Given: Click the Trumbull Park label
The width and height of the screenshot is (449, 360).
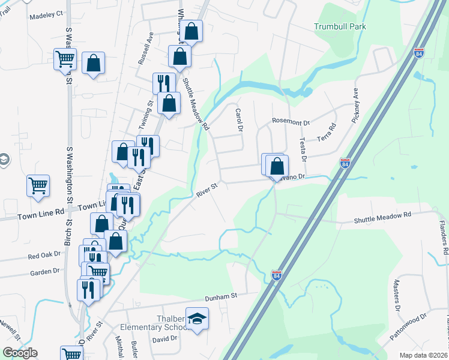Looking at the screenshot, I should (340, 26).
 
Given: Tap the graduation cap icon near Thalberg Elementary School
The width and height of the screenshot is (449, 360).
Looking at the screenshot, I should (197, 319).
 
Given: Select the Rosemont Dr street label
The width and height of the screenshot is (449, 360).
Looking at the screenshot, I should (291, 122).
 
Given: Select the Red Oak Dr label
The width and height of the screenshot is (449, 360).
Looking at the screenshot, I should (45, 255).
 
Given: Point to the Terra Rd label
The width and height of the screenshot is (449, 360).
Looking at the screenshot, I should (330, 130).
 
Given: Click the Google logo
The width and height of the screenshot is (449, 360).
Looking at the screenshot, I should (20, 353).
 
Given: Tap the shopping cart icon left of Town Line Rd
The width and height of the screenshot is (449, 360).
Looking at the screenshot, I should (38, 185).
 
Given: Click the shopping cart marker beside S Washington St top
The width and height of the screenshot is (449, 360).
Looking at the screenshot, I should (65, 59).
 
